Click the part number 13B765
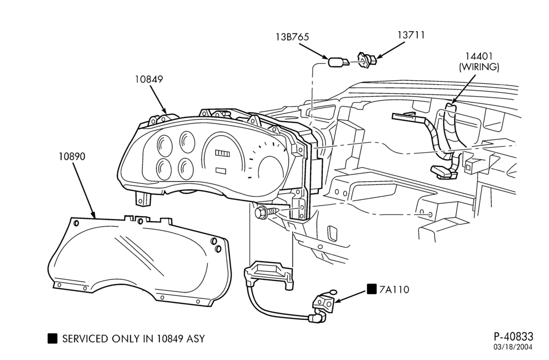tap(292, 37)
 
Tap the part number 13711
tap(411, 35)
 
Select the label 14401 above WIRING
tap(479, 56)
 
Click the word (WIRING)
tap(479, 67)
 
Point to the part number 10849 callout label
tap(149, 80)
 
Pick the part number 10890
tap(72, 156)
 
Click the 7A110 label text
tap(394, 290)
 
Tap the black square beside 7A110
tap(372, 289)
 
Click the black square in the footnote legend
tap(52, 338)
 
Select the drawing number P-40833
tap(513, 336)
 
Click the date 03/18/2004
tap(513, 347)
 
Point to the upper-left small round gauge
tap(165, 144)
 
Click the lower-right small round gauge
tap(186, 168)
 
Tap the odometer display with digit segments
tap(222, 153)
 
